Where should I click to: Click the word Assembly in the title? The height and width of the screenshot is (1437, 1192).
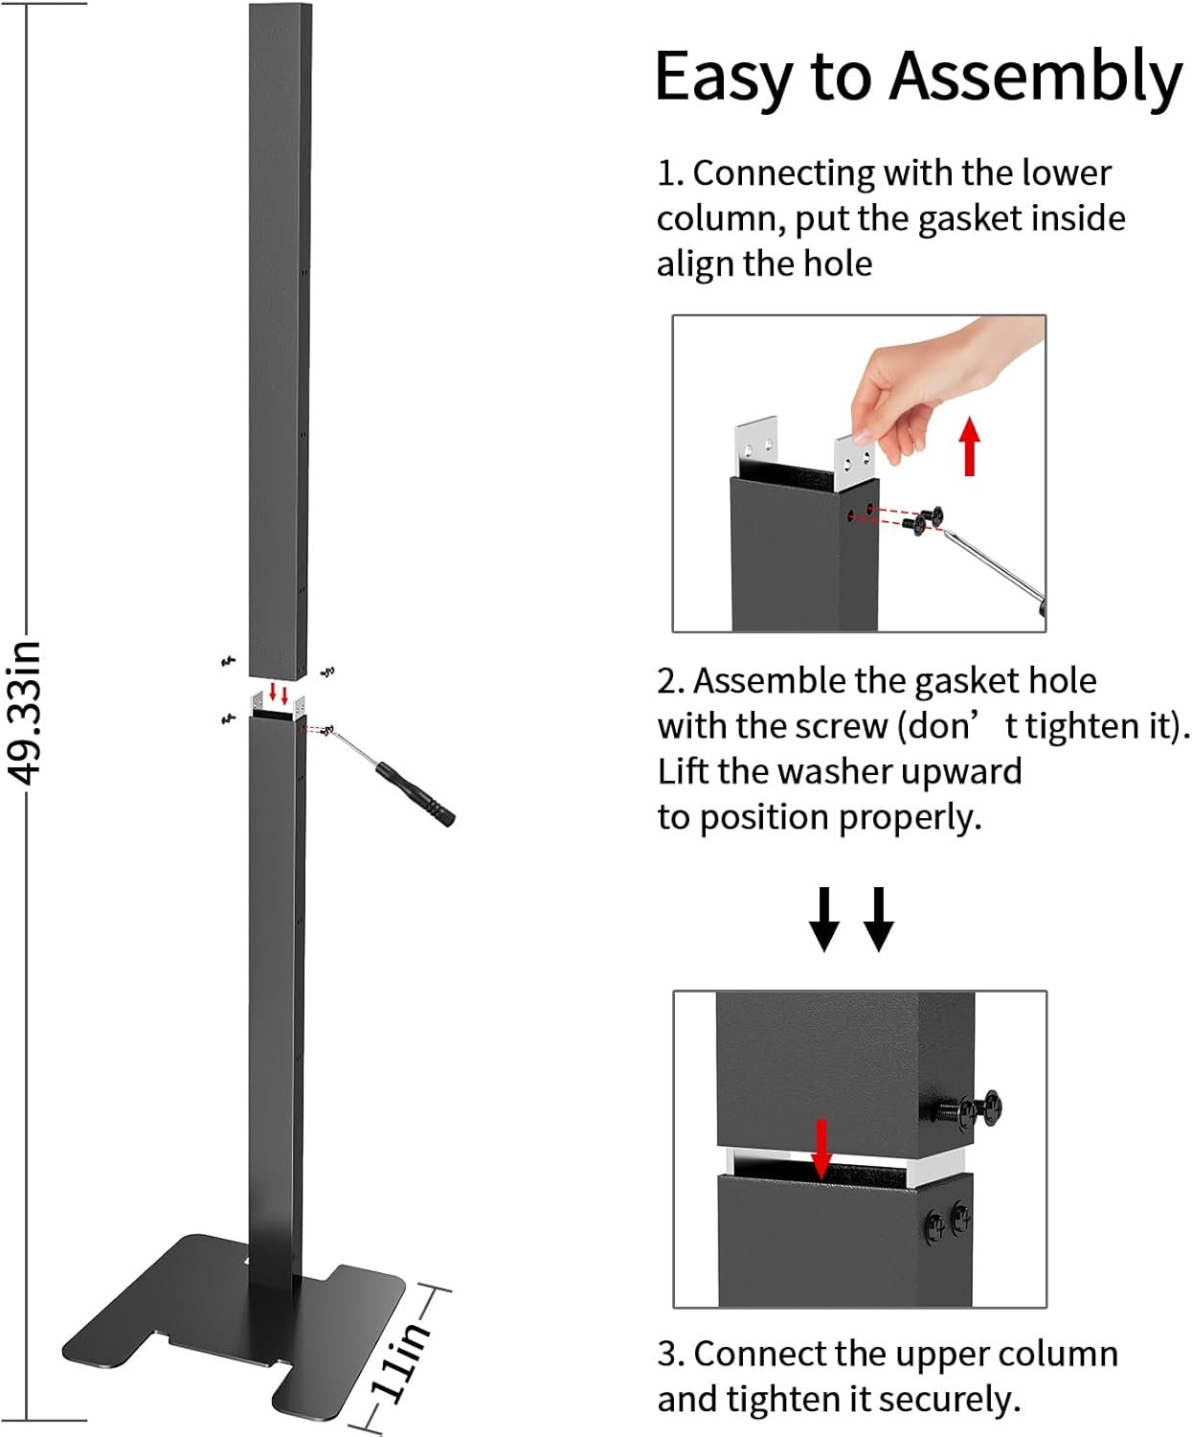point(1036,79)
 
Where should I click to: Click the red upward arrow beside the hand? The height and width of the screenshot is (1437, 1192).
point(970,445)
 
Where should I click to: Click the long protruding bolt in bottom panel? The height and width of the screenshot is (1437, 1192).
point(967,1111)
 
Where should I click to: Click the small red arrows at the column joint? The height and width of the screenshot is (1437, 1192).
point(278,693)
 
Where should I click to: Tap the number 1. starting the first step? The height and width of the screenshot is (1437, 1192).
point(669,174)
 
